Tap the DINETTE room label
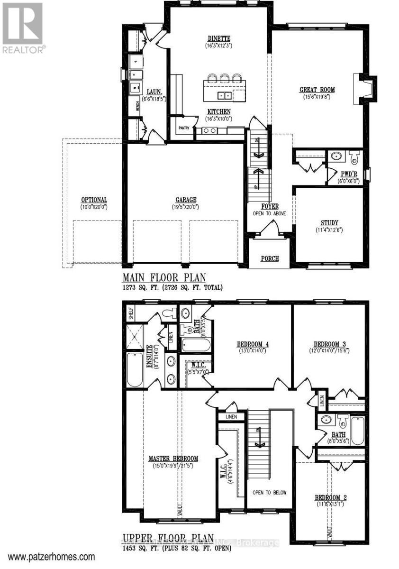(218, 38)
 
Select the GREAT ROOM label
(317, 90)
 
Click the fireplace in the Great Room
(363, 88)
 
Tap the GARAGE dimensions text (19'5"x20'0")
(185, 207)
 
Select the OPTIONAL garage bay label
(94, 200)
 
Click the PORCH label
(270, 258)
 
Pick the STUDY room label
(329, 222)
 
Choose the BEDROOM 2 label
(331, 497)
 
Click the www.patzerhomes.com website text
(52, 557)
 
